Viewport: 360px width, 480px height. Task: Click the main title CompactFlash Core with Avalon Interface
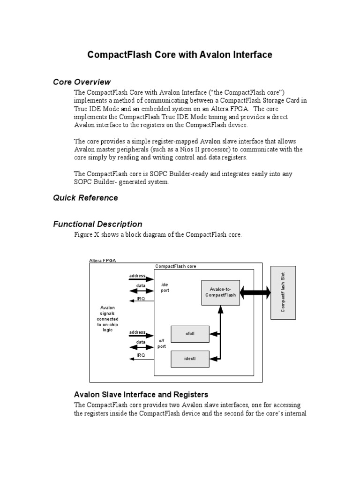pos(180,55)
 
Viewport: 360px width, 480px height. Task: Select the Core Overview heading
pos(82,82)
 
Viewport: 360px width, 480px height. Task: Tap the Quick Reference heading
pos(85,198)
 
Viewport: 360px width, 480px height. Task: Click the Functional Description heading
pos(97,224)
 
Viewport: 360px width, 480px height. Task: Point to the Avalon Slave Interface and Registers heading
pos(141,394)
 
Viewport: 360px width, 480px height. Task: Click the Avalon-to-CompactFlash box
pos(220,292)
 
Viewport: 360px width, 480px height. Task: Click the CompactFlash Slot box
pos(283,292)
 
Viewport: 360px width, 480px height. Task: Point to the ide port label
pos(165,287)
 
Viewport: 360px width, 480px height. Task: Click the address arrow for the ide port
pos(141,279)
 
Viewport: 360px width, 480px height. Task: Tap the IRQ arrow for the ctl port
pos(141,359)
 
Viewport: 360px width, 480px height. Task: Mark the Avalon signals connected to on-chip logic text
pos(107,319)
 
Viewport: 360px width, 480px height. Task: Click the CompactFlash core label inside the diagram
pos(176,266)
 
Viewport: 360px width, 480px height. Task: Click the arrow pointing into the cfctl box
pos(215,334)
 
